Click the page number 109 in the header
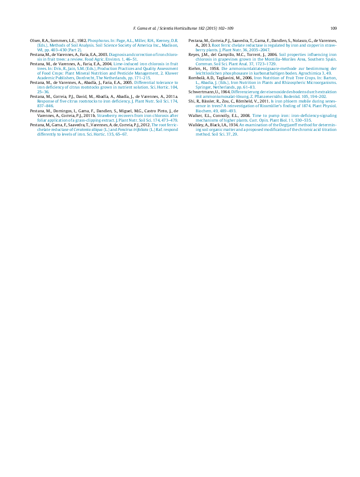334,28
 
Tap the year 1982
82,41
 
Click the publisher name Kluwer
172,73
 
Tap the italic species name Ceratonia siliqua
88,130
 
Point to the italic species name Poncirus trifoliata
133,130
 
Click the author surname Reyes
193,55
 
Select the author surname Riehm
194,69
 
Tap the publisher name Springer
203,87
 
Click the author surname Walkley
195,125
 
